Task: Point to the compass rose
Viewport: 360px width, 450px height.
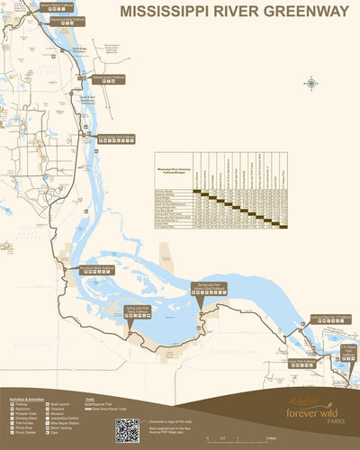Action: (x=311, y=84)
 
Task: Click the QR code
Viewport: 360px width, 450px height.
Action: (x=127, y=430)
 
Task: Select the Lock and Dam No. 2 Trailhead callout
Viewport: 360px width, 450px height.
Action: (x=330, y=318)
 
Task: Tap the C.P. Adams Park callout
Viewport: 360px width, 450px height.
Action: (x=348, y=348)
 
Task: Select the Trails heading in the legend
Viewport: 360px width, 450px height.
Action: (x=90, y=398)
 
